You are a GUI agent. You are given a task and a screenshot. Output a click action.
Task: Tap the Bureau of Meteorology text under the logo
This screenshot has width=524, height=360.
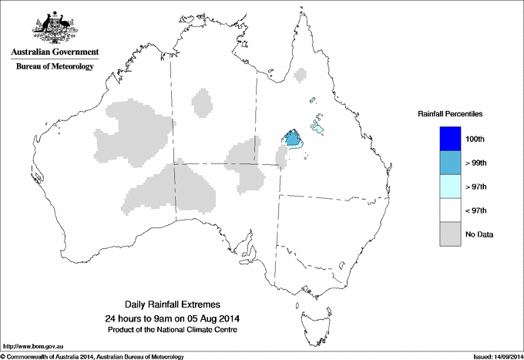[54, 66]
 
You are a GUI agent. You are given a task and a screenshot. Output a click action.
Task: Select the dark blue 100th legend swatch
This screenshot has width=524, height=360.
[451, 139]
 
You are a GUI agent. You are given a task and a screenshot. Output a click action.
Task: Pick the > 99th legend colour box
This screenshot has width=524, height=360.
[451, 163]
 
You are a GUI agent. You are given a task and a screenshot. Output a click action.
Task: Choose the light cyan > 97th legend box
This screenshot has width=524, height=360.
[451, 187]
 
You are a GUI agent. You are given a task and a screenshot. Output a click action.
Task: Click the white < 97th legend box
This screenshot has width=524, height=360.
[451, 210]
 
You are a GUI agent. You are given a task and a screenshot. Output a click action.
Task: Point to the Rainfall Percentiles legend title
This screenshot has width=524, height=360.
[450, 114]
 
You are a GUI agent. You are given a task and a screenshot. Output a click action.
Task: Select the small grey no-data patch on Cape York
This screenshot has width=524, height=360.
[301, 76]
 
